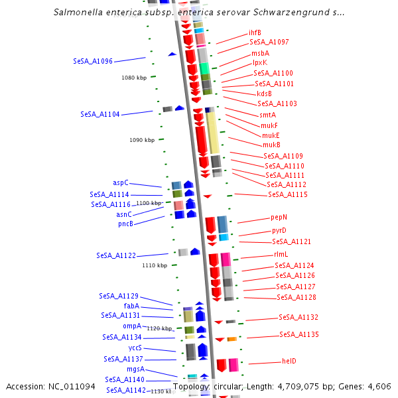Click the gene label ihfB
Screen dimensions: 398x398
point(255,33)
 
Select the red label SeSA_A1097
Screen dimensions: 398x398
point(269,42)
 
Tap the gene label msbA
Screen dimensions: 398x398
point(260,53)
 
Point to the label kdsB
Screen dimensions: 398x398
point(264,94)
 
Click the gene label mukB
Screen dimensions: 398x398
point(271,145)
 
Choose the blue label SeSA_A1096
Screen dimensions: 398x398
point(93,61)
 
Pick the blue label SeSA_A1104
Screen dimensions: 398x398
point(100,114)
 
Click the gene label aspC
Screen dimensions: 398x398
point(121,182)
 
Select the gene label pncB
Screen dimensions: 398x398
point(126,224)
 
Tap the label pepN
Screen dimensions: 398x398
point(279,217)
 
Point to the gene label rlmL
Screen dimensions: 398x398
point(281,254)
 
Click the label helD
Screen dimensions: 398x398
point(289,362)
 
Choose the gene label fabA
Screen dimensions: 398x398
point(131,306)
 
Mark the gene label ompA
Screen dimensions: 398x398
point(132,326)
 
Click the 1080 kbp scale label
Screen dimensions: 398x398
point(134,78)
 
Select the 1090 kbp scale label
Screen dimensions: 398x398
point(142,140)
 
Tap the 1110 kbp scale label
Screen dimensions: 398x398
point(155,265)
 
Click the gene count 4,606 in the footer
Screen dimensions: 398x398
point(378,387)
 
